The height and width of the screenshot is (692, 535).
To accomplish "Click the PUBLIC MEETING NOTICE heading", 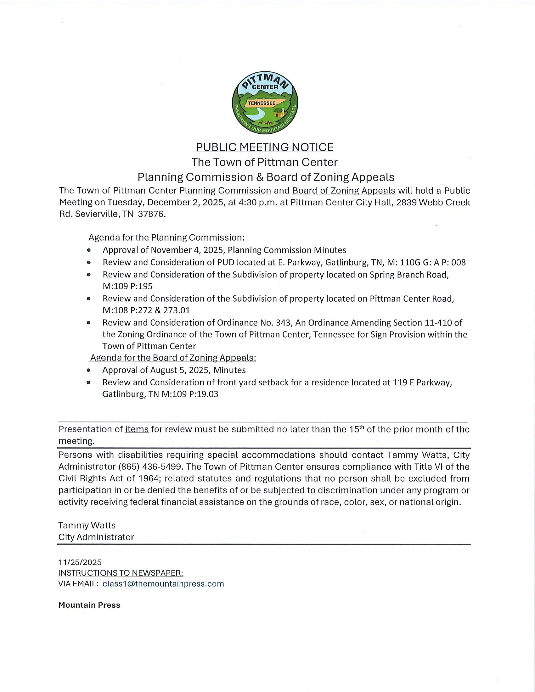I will tap(264, 147).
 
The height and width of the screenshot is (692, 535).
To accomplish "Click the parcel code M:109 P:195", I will tap(127, 286).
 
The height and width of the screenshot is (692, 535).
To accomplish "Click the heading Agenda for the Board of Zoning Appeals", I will tap(173, 358).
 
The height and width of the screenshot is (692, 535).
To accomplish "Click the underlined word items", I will tap(137, 429).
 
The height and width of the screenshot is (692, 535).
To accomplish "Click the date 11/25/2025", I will tap(80, 562).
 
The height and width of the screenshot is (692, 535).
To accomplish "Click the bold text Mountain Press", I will tap(89, 605).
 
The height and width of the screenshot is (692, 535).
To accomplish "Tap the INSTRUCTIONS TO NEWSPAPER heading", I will tap(121, 573).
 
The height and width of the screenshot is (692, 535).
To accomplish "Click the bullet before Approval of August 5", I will tap(89, 370).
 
